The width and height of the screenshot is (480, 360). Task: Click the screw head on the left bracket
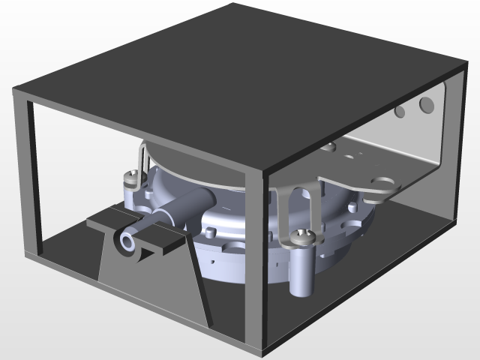coord(132,178)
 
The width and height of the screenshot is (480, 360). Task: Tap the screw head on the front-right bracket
coord(303,238)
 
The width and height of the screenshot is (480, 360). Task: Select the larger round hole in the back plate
coord(426,103)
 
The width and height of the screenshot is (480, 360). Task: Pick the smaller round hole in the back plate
coord(400,112)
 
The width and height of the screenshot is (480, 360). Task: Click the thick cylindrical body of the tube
coord(184,205)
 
